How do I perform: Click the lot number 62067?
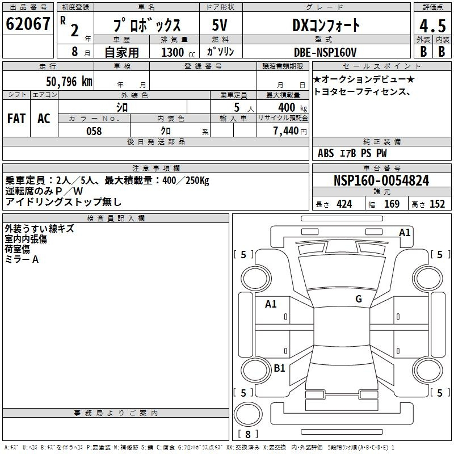29,24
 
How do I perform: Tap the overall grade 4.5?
432,26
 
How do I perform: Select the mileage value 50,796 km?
69,81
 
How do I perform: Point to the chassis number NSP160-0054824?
381,180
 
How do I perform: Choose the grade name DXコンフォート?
326,26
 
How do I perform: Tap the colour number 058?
94,131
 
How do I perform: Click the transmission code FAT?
16,119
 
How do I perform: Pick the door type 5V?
220,26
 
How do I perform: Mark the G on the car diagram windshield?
358,299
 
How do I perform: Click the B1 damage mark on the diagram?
279,368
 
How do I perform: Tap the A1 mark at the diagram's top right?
405,232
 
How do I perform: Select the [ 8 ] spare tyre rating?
248,434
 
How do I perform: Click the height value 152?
437,204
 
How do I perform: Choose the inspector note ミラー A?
22,259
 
